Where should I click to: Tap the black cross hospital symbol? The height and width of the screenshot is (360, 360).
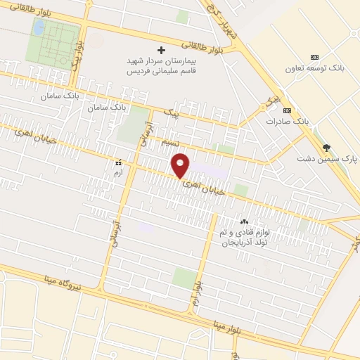(161, 50)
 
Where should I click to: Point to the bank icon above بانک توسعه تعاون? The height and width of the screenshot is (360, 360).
(314, 57)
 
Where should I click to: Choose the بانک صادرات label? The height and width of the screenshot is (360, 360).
(288, 122)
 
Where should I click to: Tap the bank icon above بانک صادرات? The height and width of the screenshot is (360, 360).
(287, 110)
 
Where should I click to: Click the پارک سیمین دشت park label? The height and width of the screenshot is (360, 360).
(328, 160)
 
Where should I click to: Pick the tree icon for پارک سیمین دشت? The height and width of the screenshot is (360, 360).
(326, 147)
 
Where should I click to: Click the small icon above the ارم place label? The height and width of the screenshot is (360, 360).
(118, 161)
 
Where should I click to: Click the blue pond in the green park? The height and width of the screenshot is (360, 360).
(39, 28)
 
